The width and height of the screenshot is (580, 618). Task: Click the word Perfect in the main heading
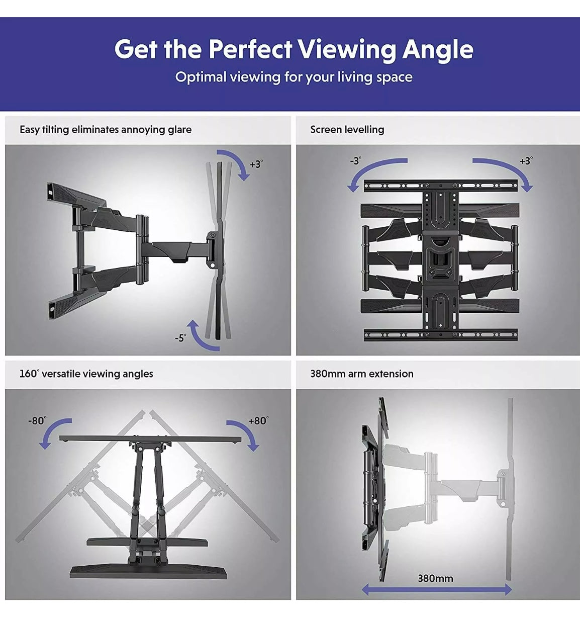pyautogui.click(x=250, y=49)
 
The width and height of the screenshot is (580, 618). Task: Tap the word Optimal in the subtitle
pyautogui.click(x=201, y=77)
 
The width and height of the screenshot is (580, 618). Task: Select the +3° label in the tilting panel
pyautogui.click(x=256, y=164)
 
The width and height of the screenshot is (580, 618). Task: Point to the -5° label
pyautogui.click(x=180, y=338)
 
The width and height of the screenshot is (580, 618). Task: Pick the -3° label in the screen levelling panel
pyautogui.click(x=355, y=161)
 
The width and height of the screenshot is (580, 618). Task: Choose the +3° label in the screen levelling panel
pyautogui.click(x=525, y=161)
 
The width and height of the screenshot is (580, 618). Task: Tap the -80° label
pyautogui.click(x=37, y=420)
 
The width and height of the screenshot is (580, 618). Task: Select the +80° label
pyautogui.click(x=258, y=420)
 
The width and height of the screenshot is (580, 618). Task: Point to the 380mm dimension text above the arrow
pyautogui.click(x=435, y=578)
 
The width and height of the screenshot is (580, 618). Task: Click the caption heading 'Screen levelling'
pyautogui.click(x=347, y=129)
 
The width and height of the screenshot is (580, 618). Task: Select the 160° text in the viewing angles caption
pyautogui.click(x=29, y=374)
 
